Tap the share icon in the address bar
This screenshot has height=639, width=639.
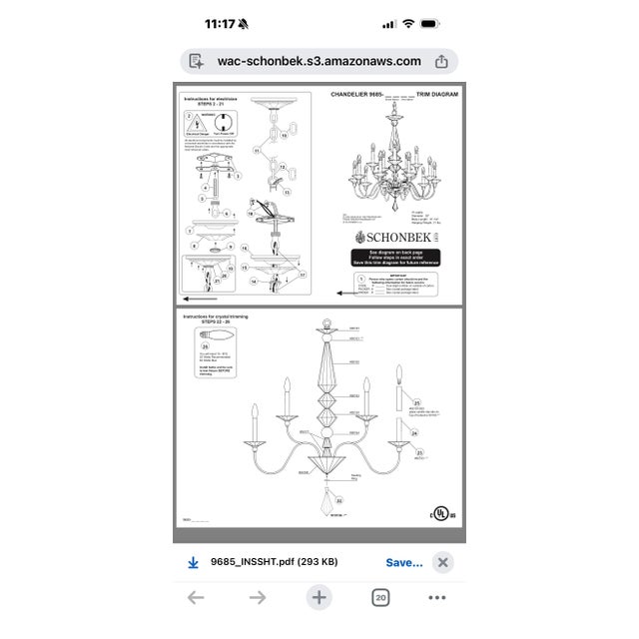tap(441, 61)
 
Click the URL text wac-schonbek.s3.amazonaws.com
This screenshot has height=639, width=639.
tap(319, 61)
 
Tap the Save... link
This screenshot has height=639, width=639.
tap(404, 562)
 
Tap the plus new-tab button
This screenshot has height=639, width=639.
tap(319, 597)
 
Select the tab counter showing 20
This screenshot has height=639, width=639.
tap(380, 597)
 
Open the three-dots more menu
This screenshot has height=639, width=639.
tap(437, 597)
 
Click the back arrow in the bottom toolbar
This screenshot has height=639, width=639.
tap(196, 597)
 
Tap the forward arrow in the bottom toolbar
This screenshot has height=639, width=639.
tap(258, 597)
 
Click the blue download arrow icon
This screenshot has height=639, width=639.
tap(194, 562)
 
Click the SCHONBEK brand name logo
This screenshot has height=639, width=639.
tap(397, 237)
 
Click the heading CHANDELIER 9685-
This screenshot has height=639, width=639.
tap(356, 94)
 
